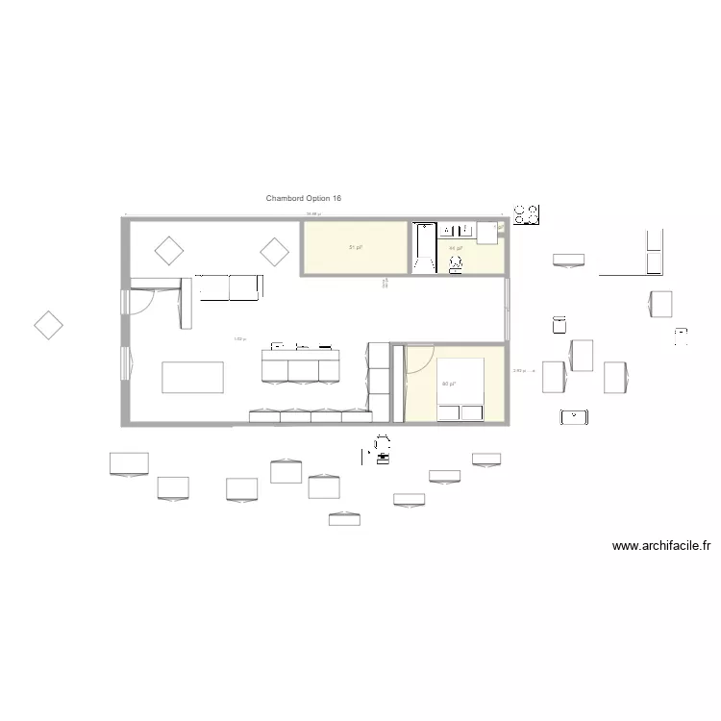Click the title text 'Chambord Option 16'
[x=304, y=198]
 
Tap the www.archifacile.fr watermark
[x=661, y=546]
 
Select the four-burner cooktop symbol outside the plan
[x=527, y=215]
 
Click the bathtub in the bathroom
[x=424, y=247]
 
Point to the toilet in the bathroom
[x=456, y=262]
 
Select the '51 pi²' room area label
[x=355, y=248]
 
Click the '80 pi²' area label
[x=448, y=385]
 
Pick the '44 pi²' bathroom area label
[x=456, y=248]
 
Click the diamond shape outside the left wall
[x=48, y=326]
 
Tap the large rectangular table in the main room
[x=193, y=377]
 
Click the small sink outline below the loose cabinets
[x=574, y=417]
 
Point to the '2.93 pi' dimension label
[x=518, y=371]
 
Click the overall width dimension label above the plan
[x=312, y=214]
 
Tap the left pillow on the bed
[x=449, y=413]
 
